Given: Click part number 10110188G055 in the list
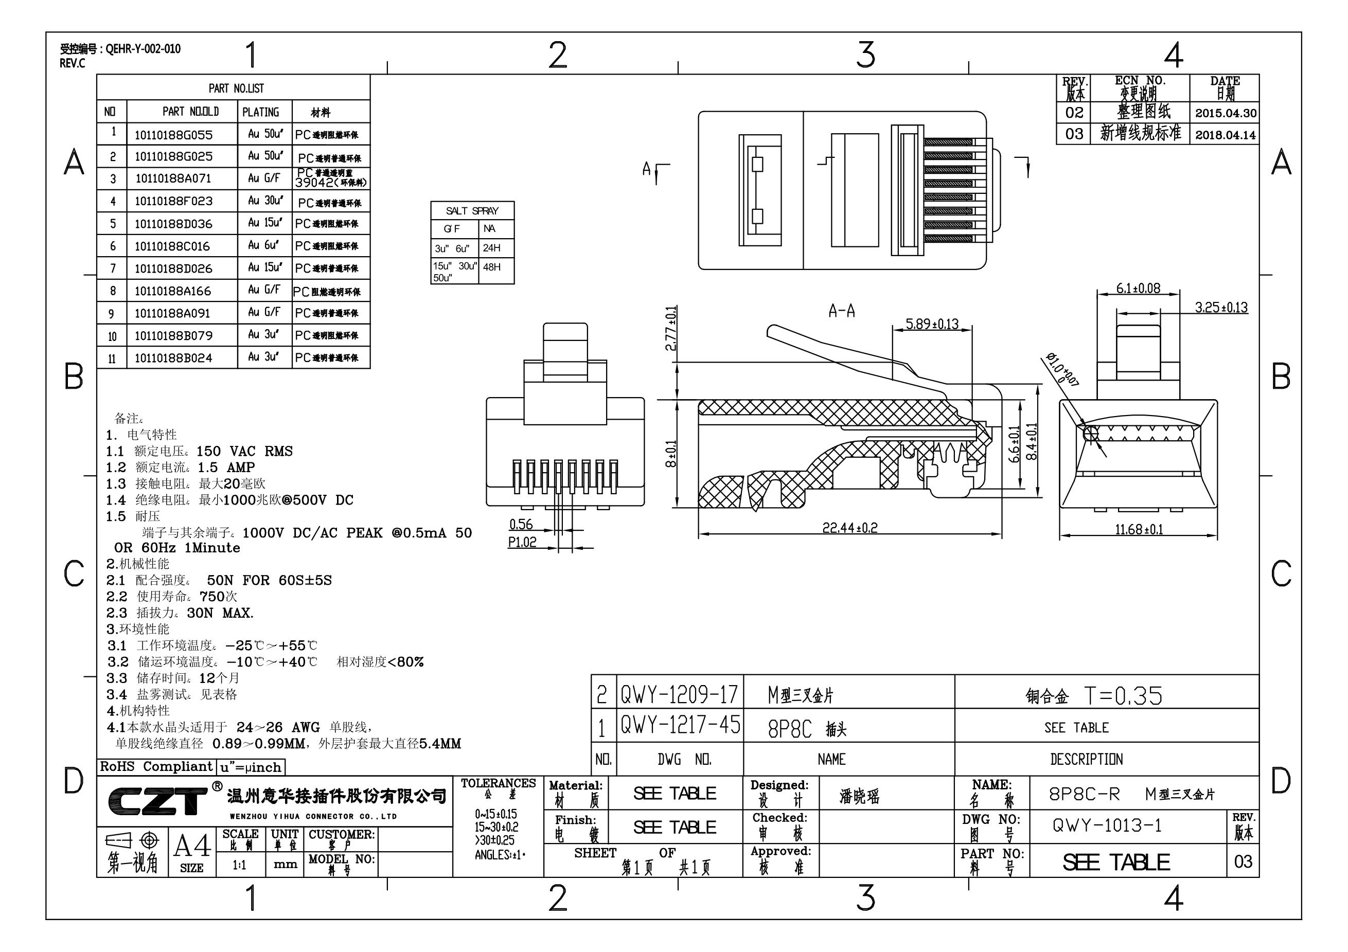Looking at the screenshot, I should pyautogui.click(x=173, y=135).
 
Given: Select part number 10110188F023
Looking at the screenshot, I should pyautogui.click(x=173, y=201).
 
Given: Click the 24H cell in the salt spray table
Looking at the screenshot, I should pyautogui.click(x=491, y=248).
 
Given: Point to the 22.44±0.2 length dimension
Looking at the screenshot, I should pyautogui.click(x=849, y=528).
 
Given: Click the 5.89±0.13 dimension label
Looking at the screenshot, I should pyautogui.click(x=932, y=324).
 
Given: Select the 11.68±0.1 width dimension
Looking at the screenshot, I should pyautogui.click(x=1139, y=529).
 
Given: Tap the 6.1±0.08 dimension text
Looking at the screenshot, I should pyautogui.click(x=1138, y=288).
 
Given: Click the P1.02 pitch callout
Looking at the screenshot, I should pyautogui.click(x=522, y=542).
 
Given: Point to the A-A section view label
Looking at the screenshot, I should pyautogui.click(x=841, y=311).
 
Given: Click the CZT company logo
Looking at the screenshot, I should pyautogui.click(x=157, y=801).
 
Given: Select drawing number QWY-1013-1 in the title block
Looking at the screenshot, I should pyautogui.click(x=1107, y=826).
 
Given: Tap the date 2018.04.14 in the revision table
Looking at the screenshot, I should pyautogui.click(x=1226, y=135).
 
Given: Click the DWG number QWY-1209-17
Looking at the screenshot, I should pyautogui.click(x=679, y=695).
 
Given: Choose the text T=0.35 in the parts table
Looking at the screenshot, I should pyautogui.click(x=1123, y=696).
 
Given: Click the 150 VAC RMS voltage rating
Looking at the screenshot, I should pyautogui.click(x=244, y=452).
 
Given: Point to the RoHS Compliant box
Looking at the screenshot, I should pyautogui.click(x=156, y=766).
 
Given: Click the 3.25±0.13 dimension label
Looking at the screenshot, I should pyautogui.click(x=1221, y=308).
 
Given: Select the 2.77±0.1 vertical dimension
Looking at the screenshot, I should pyautogui.click(x=671, y=329).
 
